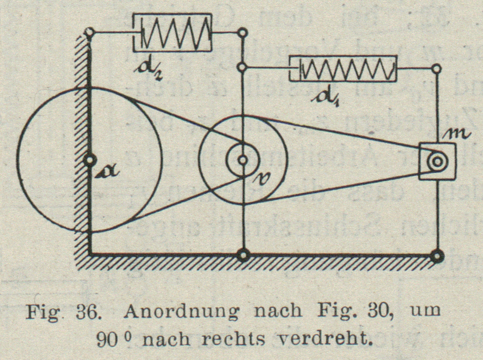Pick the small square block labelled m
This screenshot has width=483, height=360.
(x=438, y=161)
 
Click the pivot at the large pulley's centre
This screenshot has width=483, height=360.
(x=90, y=160)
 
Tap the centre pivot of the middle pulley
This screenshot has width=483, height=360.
(x=243, y=159)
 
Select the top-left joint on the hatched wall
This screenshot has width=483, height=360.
(x=90, y=32)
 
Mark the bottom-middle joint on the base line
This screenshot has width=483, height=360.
(x=243, y=255)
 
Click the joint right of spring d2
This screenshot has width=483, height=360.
(x=243, y=33)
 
